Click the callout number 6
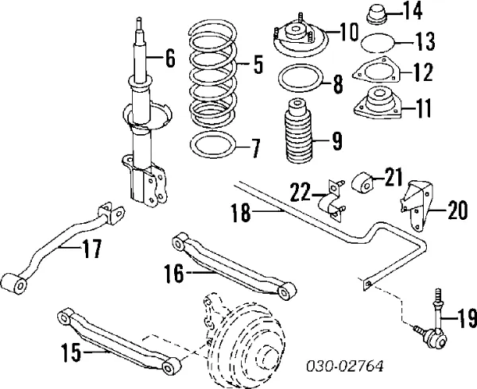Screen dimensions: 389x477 tap(169, 57)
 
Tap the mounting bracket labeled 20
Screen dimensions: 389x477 tap(416, 206)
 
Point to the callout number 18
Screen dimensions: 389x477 tap(241, 211)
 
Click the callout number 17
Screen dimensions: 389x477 tap(91, 250)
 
